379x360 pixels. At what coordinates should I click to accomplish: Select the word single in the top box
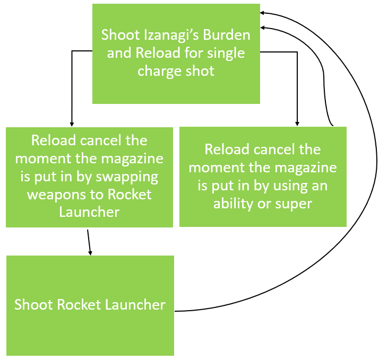[x=225, y=54]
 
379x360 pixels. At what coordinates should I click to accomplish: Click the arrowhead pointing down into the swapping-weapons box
[x=72, y=123]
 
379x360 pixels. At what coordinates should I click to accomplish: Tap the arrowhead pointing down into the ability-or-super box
[x=298, y=123]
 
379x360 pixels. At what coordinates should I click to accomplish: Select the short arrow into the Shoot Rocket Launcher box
[x=89, y=242]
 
